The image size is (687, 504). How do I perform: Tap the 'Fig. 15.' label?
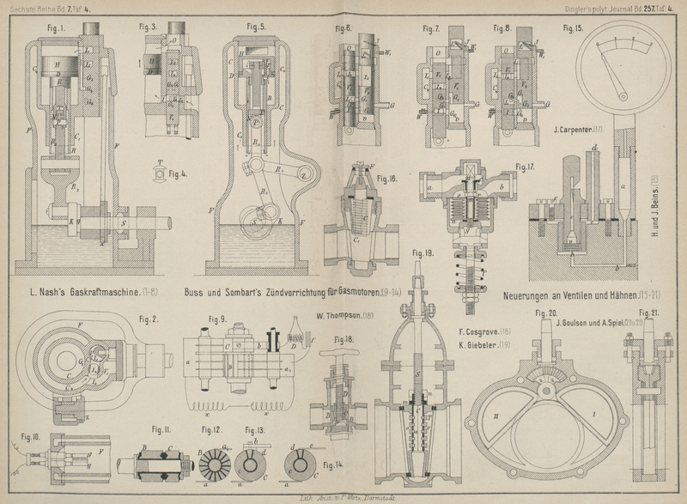coord(573,28)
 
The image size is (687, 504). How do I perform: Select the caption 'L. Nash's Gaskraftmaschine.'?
coord(79,293)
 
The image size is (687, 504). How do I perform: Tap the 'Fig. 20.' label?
coord(547,313)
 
